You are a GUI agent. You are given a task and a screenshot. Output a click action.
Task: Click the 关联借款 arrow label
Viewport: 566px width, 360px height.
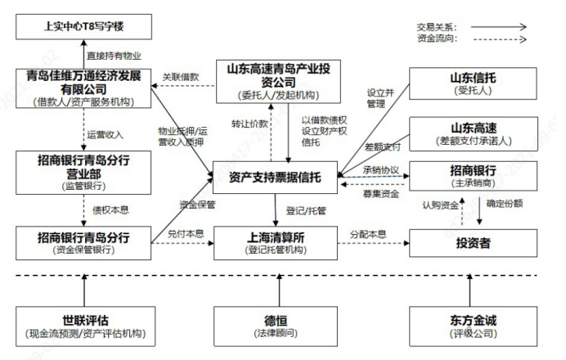pos(179,76)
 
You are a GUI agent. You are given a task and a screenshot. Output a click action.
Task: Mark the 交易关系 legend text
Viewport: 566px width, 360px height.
pos(433,26)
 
